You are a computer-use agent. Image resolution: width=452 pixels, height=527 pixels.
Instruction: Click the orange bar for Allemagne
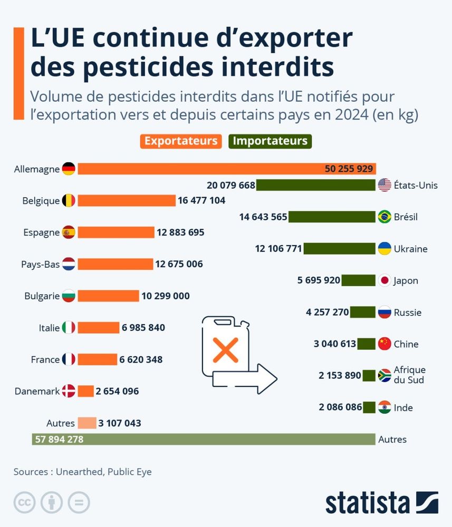pyautogui.click(x=200, y=169)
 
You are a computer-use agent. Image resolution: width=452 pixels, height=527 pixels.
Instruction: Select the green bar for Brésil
pyautogui.click(x=332, y=217)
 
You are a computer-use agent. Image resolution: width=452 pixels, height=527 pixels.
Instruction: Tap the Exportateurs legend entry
pyautogui.click(x=181, y=141)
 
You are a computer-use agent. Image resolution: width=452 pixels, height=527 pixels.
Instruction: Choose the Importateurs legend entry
pyautogui.click(x=270, y=141)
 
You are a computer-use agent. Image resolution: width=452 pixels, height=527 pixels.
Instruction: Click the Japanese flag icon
pyautogui.click(x=384, y=280)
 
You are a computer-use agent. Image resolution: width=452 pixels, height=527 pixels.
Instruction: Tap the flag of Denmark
pyautogui.click(x=69, y=391)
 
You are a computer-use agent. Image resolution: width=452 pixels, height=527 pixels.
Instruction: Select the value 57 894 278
pyautogui.click(x=59, y=439)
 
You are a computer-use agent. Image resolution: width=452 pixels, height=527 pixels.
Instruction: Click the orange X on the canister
pyautogui.click(x=225, y=350)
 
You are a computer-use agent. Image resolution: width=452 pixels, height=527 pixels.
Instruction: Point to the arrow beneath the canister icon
pyautogui.click(x=245, y=378)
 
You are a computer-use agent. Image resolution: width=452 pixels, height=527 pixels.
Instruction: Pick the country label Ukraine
pyautogui.click(x=411, y=249)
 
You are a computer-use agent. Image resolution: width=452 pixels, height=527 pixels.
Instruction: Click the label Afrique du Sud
pyautogui.click(x=410, y=375)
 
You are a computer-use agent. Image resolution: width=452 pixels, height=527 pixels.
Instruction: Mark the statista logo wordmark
pyautogui.click(x=367, y=503)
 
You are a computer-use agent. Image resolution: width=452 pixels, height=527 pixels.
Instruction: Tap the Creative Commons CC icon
pyautogui.click(x=24, y=503)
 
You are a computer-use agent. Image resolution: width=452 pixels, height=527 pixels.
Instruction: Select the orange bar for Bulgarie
pyautogui.click(x=108, y=296)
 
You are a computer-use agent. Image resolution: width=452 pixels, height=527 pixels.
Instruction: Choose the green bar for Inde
pyautogui.click(x=370, y=407)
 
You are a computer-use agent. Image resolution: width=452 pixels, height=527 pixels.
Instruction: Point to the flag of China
pyautogui.click(x=384, y=344)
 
